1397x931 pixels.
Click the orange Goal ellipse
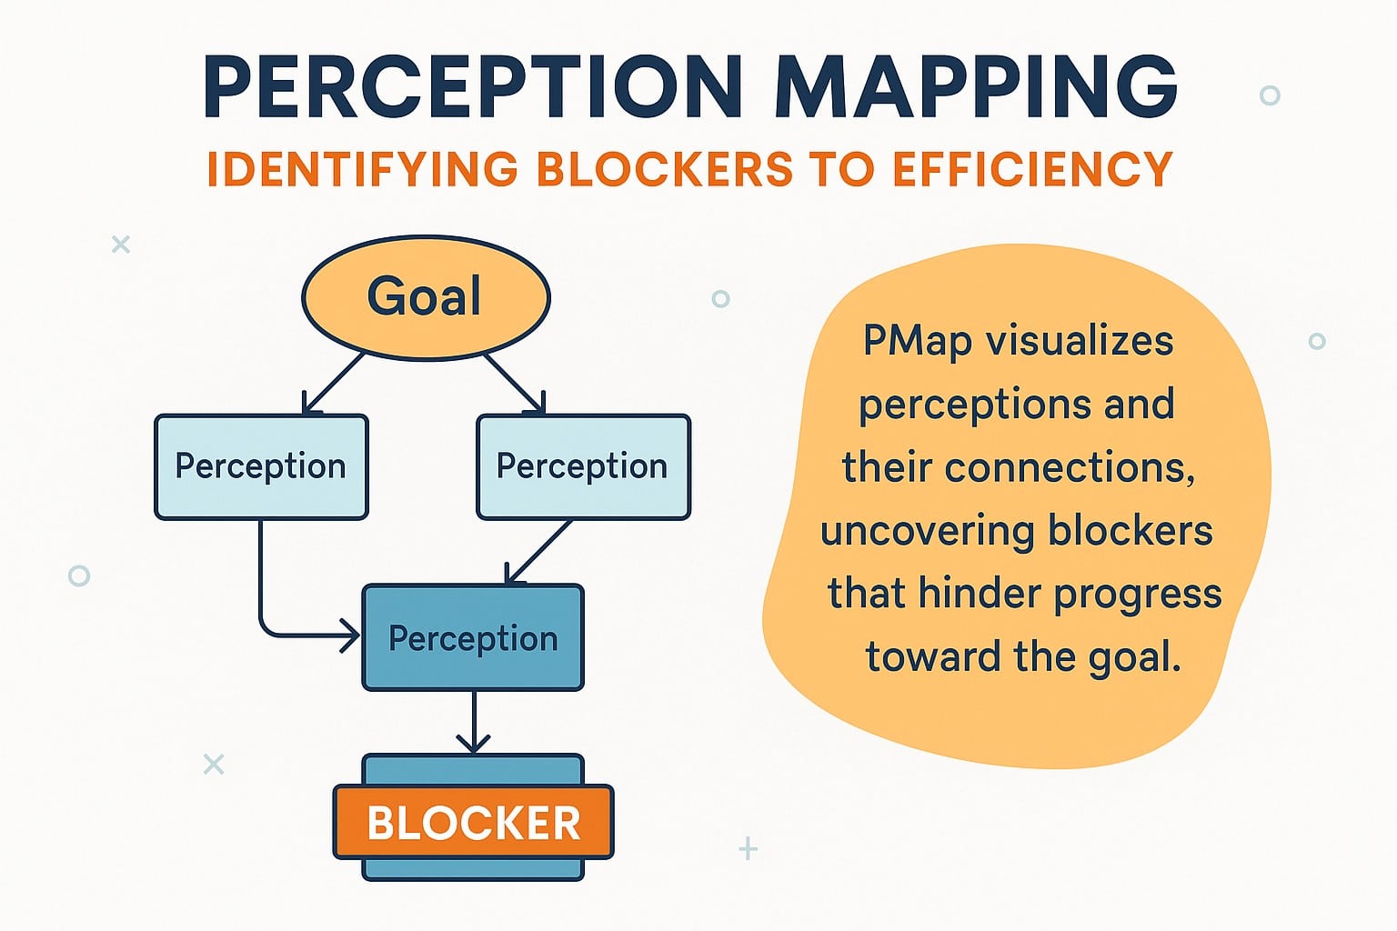pos(426,297)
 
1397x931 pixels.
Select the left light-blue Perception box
pos(261,466)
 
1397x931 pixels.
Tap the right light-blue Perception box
pos(583,466)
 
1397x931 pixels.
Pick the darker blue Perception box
pos(473,638)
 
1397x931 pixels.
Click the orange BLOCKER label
pos(473,823)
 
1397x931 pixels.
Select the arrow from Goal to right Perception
pos(516,384)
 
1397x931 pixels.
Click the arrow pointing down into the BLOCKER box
pos(473,723)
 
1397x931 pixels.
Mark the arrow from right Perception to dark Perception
pos(538,552)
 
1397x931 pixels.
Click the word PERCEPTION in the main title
pos(473,88)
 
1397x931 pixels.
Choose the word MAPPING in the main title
pos(978,88)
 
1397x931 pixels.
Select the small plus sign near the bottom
pos(749,849)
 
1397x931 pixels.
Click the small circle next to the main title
pos(1270,95)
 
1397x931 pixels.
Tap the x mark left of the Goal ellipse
pos(120,244)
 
